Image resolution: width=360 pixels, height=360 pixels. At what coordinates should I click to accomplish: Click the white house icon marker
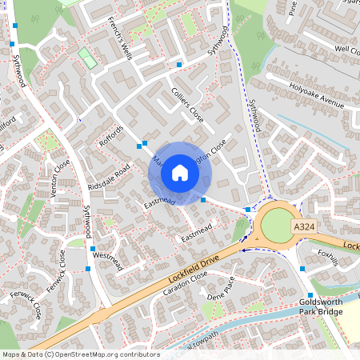point(180,172)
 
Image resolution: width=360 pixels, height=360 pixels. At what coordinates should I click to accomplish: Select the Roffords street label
point(112,138)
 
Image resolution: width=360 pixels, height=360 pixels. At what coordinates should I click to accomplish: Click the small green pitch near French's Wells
point(85,57)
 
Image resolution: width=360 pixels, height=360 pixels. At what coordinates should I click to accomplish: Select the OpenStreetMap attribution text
point(80,354)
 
